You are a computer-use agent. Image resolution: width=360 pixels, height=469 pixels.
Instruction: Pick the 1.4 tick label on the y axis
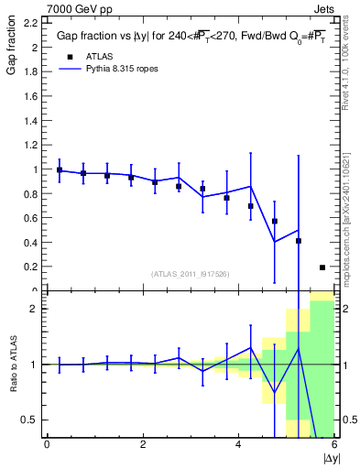pyautogui.click(x=31, y=120)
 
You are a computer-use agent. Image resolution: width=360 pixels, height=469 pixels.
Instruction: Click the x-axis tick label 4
pyautogui.click(x=239, y=444)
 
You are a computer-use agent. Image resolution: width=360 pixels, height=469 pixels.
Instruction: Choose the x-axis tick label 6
pyautogui.click(x=334, y=444)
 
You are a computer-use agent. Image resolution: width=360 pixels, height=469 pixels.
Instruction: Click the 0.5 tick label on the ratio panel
pyautogui.click(x=30, y=420)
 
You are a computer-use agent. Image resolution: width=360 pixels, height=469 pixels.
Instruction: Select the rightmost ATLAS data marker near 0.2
pyautogui.click(x=322, y=267)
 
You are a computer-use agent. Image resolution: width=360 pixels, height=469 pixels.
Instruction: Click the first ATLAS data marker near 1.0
pyautogui.click(x=60, y=170)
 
